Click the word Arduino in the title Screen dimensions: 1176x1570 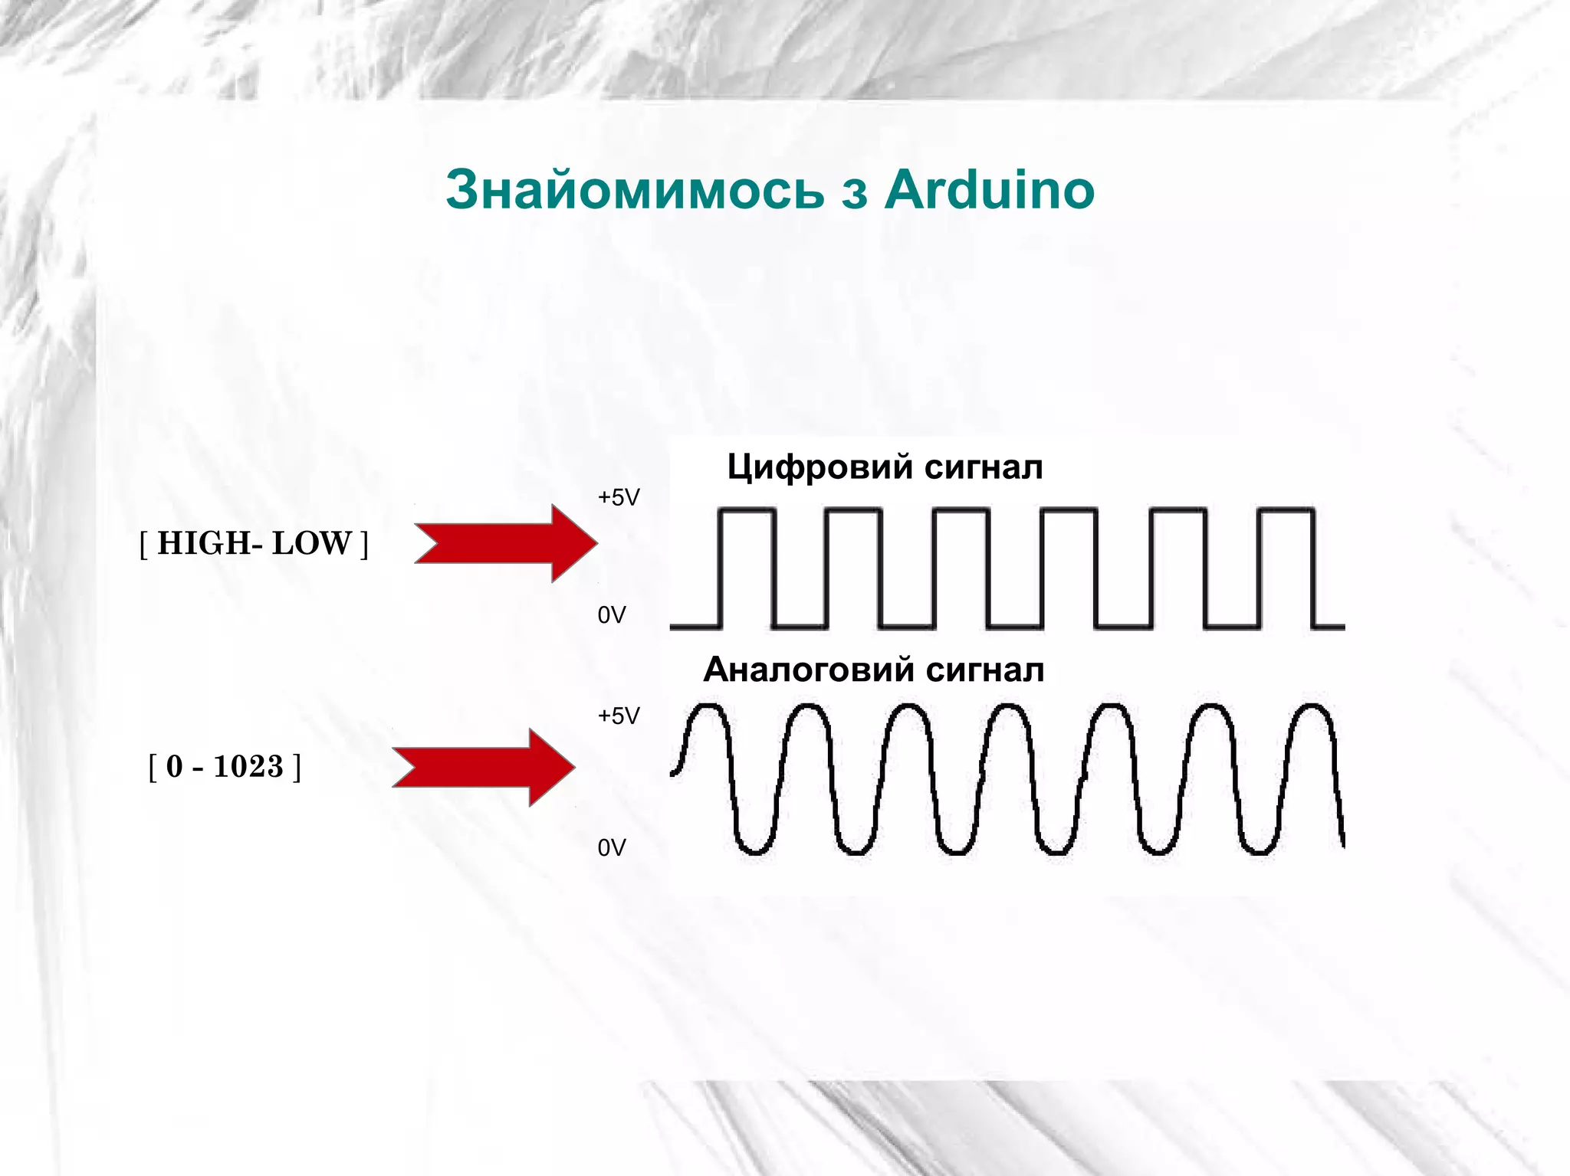pyautogui.click(x=989, y=189)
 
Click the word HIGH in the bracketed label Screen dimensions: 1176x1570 pyautogui.click(x=202, y=543)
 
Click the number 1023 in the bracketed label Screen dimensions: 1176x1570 pyautogui.click(x=248, y=766)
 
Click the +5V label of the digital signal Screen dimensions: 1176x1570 pyautogui.click(x=618, y=498)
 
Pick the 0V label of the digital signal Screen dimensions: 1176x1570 pyautogui.click(x=611, y=615)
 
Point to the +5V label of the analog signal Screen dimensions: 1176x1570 pyautogui.click(x=618, y=716)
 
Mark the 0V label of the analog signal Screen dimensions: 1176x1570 pyautogui.click(x=611, y=848)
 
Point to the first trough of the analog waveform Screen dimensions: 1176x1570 pyautogui.click(x=753, y=850)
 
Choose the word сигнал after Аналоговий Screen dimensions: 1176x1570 pyautogui.click(x=985, y=670)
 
